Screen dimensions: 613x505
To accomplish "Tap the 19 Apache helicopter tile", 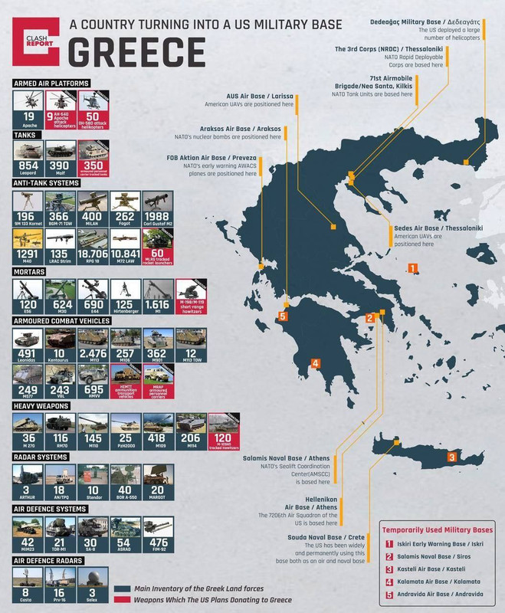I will (28, 109).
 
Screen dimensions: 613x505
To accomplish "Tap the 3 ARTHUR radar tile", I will (28, 483).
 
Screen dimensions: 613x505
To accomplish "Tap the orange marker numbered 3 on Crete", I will (452, 457).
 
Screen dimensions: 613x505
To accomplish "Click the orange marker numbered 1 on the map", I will (412, 268).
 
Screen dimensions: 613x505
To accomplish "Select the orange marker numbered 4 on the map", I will (314, 363).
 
